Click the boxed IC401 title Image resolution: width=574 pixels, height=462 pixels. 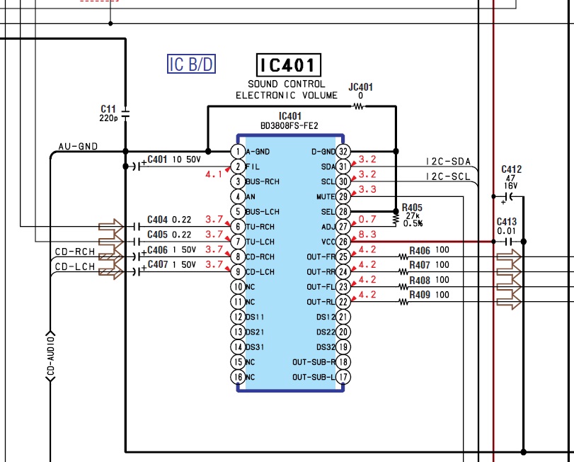coord(289,66)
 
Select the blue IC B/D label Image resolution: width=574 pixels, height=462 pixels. coord(191,64)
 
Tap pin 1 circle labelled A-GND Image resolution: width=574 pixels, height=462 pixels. coord(239,151)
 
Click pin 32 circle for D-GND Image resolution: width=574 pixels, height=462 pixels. coord(343,151)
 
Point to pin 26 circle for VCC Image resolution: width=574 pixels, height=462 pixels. coord(343,242)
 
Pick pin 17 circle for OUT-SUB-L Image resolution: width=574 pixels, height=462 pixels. coord(343,377)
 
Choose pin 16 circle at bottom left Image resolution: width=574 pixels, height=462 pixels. coord(239,377)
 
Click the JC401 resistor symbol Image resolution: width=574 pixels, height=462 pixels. coord(359,106)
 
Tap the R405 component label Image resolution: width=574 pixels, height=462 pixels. coord(411,208)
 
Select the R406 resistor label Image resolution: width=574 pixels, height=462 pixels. coord(420,250)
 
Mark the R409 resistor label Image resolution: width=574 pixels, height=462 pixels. coord(420,295)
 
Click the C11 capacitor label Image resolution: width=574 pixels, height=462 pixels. coord(108,108)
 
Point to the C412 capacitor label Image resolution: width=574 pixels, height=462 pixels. coord(511,169)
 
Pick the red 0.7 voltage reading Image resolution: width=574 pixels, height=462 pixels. coord(367,220)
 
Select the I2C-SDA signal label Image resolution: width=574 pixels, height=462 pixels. coord(448,162)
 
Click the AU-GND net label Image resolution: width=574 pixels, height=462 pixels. coord(78,147)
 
